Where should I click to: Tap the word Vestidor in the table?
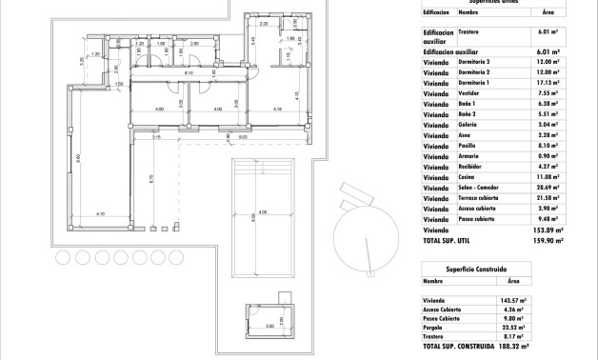coord(468,93)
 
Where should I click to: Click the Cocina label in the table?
coord(466,177)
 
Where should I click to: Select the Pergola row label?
coord(436,326)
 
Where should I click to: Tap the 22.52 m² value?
coord(513,326)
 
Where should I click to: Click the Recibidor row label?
coord(469,167)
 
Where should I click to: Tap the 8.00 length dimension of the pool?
coord(254,217)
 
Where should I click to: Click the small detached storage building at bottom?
coord(269,317)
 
